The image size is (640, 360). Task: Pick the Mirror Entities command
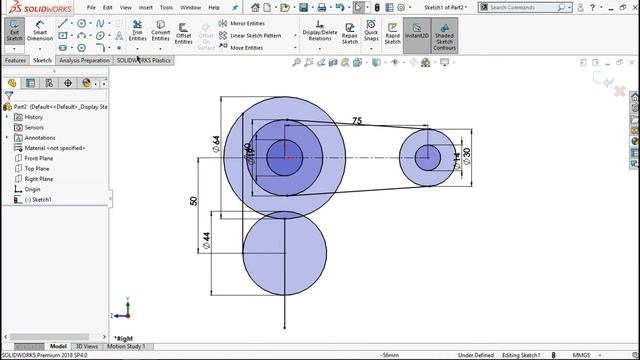[x=245, y=22]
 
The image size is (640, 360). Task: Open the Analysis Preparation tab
[x=84, y=60]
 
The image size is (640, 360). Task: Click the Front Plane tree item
[x=39, y=158]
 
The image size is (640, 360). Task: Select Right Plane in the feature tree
[x=39, y=179]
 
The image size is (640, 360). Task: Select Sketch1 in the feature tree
[x=41, y=199]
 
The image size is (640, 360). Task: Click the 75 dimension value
[x=357, y=121]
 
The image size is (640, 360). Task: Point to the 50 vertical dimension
[x=194, y=201]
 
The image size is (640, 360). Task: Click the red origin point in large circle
[x=287, y=156]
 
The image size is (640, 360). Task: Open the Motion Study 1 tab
[x=126, y=346]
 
